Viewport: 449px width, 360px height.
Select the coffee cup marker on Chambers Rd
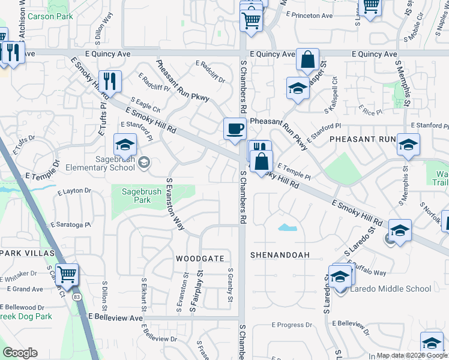(x=235, y=128)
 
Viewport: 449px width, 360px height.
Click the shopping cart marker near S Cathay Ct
(x=67, y=275)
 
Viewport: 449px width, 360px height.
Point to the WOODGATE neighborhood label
(x=200, y=258)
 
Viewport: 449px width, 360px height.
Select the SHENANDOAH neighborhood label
(x=281, y=255)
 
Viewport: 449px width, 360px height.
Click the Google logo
(x=20, y=353)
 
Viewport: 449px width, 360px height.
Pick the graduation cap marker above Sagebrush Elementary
(x=125, y=144)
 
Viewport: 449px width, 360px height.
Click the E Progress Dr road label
(x=292, y=325)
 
